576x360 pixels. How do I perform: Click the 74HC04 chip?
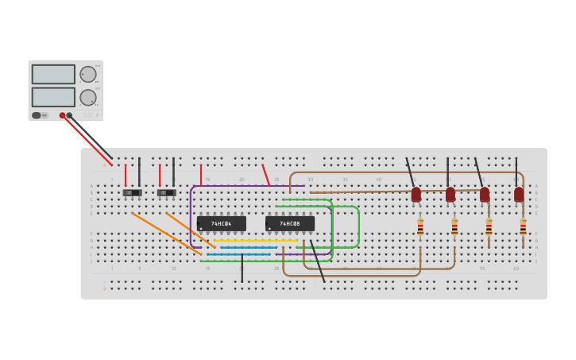pyautogui.click(x=222, y=224)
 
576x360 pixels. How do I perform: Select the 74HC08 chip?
pyautogui.click(x=290, y=224)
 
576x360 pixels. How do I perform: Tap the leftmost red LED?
pyautogui.click(x=416, y=194)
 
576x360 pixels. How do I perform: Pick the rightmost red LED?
pyautogui.click(x=519, y=194)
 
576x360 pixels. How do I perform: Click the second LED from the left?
pyautogui.click(x=450, y=194)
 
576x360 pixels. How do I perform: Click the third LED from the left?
pyautogui.click(x=485, y=194)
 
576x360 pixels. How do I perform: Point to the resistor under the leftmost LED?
pyautogui.click(x=420, y=227)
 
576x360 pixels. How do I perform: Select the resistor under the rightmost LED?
pyautogui.click(x=523, y=227)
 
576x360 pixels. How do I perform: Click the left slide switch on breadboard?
pyautogui.click(x=132, y=192)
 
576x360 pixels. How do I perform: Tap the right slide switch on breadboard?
pyautogui.click(x=166, y=192)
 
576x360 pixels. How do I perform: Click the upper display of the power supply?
pyautogui.click(x=53, y=74)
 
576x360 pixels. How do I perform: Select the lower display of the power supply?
pyautogui.click(x=53, y=97)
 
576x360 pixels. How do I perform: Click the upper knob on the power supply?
pyautogui.click(x=87, y=74)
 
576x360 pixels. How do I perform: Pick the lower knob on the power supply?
pyautogui.click(x=87, y=98)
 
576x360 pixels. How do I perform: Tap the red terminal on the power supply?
pyautogui.click(x=62, y=115)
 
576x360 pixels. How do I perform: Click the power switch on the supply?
pyautogui.click(x=37, y=115)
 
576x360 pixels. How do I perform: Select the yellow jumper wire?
pyautogui.click(x=254, y=240)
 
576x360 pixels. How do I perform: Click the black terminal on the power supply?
pyautogui.click(x=70, y=115)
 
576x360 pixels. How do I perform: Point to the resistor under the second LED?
pyautogui.click(x=454, y=228)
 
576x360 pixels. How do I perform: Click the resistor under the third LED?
pyautogui.click(x=489, y=228)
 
